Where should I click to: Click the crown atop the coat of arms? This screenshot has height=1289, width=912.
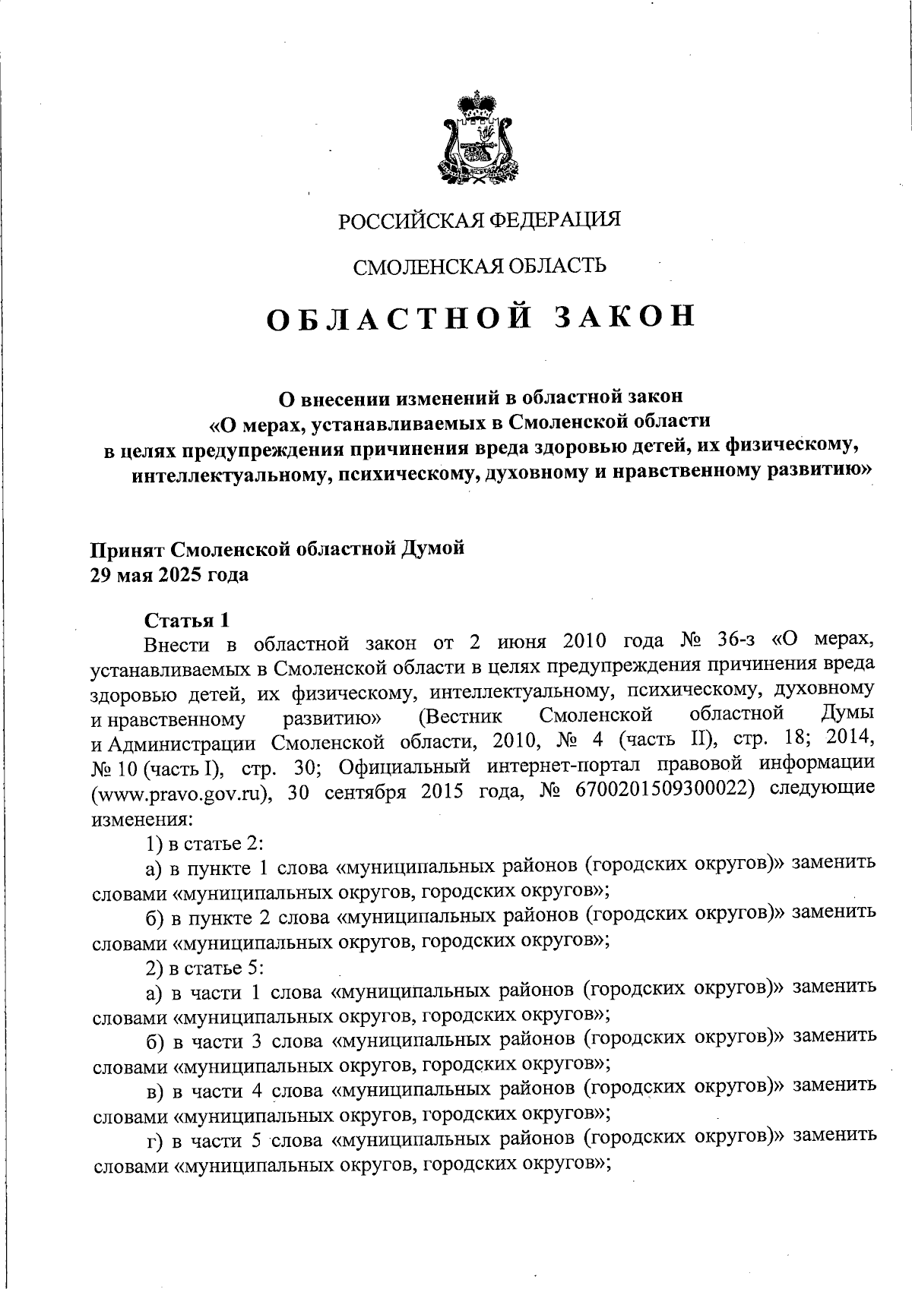coord(477,107)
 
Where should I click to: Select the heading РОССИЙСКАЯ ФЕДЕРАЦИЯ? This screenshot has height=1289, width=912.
coord(480,220)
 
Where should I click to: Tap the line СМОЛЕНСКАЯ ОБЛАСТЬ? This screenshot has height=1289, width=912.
coord(480,266)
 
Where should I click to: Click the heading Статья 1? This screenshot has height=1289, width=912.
coord(186,621)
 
